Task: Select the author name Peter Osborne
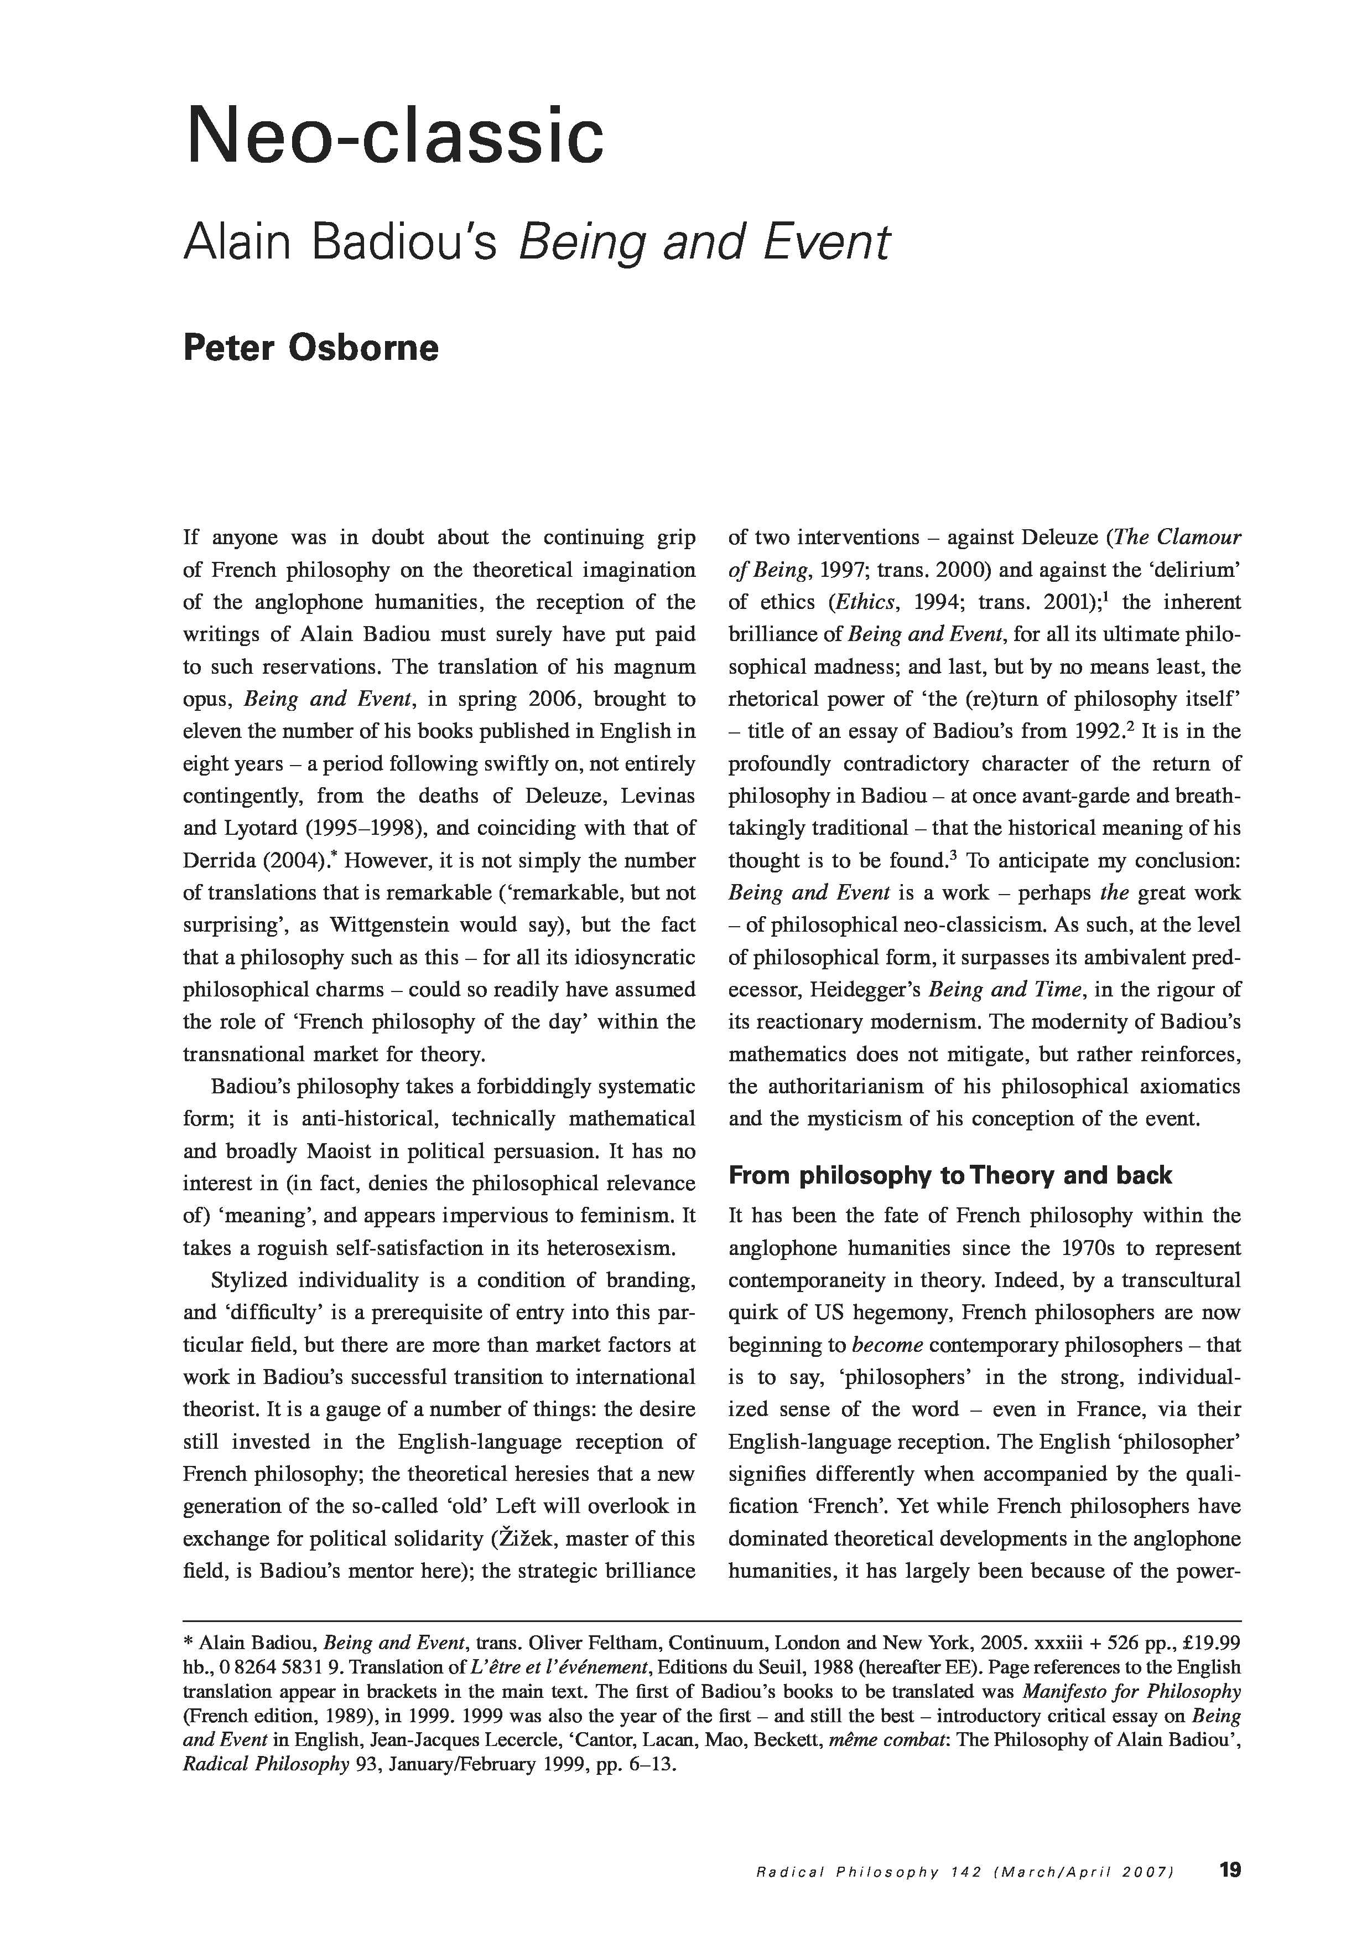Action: click(310, 348)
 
